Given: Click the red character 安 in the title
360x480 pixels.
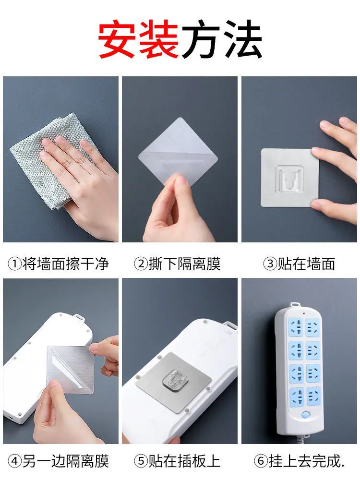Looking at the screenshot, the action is pos(118,39).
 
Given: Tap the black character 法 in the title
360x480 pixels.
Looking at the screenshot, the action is pos(241,39).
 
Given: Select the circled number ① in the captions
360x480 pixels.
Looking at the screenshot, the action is pos(14,264).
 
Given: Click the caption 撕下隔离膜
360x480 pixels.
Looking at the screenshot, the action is pos(185,264).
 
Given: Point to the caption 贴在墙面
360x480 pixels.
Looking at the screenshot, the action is pos(306,264).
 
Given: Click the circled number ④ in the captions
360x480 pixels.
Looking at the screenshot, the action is pos(14,461).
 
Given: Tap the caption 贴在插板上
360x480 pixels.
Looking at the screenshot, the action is pos(185,461).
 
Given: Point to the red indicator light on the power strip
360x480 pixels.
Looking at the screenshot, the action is pos(303,314).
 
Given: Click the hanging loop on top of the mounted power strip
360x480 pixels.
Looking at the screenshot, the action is pos(295,305).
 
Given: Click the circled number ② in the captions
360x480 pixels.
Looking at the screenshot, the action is pos(141,264).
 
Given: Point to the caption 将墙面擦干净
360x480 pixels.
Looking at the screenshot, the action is pos(65,264).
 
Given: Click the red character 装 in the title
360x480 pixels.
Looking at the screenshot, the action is pos(159,39).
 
